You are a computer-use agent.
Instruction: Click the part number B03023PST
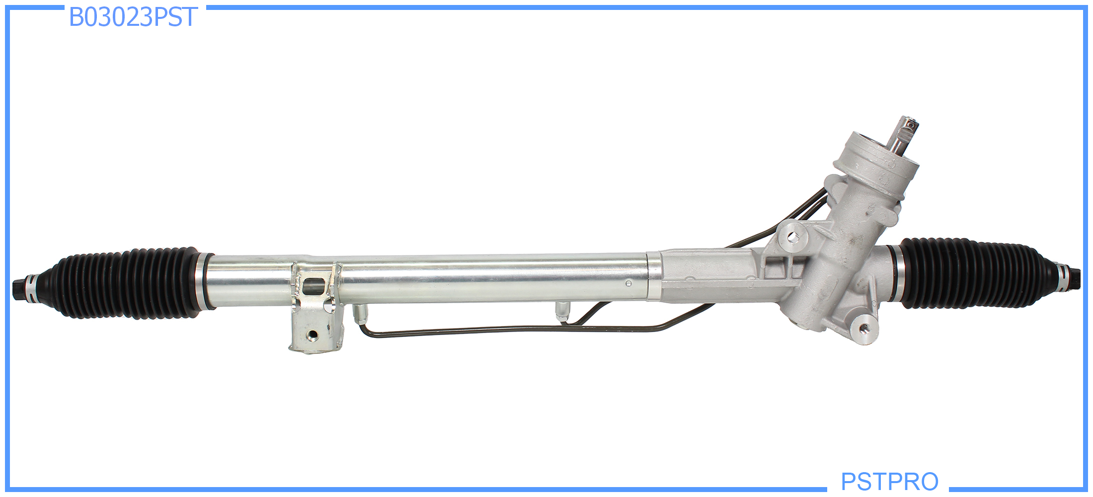[133, 17]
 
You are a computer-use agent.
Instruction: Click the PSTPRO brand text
[889, 482]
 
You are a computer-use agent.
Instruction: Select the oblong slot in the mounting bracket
[313, 286]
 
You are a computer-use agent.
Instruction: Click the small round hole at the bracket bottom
[312, 334]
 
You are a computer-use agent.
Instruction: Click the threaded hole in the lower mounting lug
[864, 327]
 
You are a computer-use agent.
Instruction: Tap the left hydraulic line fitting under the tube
[360, 314]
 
